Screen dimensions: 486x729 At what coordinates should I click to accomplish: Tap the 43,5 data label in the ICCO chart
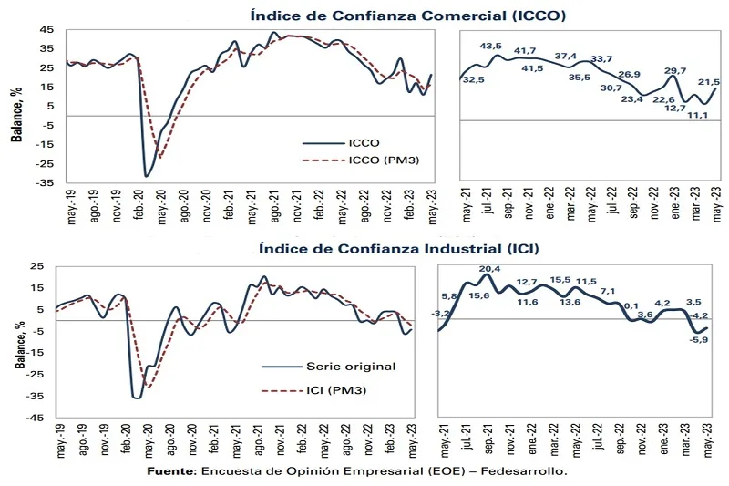(491, 46)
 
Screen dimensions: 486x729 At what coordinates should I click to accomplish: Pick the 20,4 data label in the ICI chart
(490, 269)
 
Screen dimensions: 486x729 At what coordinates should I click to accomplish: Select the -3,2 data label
(442, 313)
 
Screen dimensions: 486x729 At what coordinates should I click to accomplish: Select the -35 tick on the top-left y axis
(43, 183)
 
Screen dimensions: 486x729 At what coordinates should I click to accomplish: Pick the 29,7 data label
(675, 70)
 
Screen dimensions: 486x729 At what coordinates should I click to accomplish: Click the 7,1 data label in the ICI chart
(609, 291)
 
